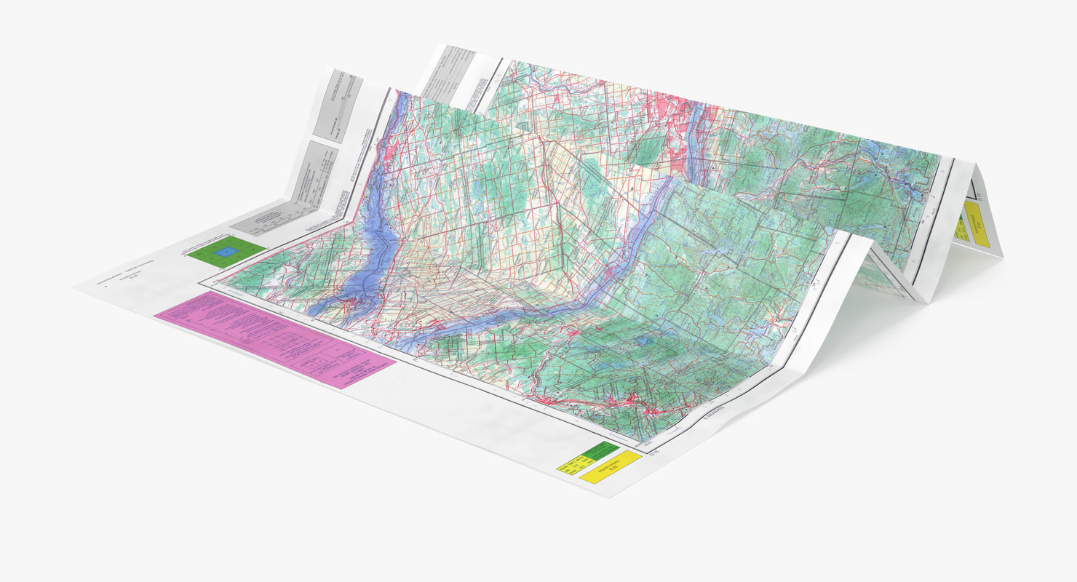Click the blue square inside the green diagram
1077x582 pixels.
pyautogui.click(x=227, y=252)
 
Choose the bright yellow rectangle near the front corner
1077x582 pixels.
pyautogui.click(x=610, y=467)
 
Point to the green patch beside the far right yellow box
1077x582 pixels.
pyautogui.click(x=960, y=226)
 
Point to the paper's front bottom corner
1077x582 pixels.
pyautogui.click(x=610, y=497)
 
